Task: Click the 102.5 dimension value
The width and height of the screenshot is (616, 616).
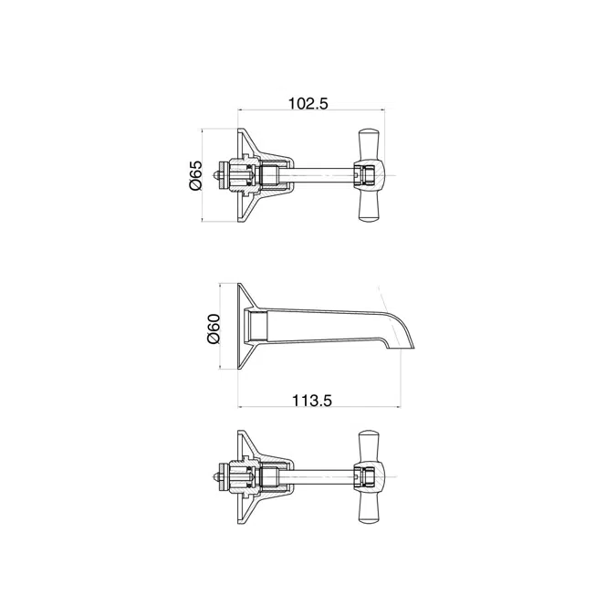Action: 308,104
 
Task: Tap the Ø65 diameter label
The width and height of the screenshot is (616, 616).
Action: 195,175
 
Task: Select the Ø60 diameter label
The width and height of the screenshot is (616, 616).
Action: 214,329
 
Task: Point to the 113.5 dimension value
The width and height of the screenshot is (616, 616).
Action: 312,401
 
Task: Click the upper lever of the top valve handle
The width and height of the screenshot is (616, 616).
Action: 370,144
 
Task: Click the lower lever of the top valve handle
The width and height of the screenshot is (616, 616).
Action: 370,206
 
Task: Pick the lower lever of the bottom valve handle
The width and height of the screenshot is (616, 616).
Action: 370,508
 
